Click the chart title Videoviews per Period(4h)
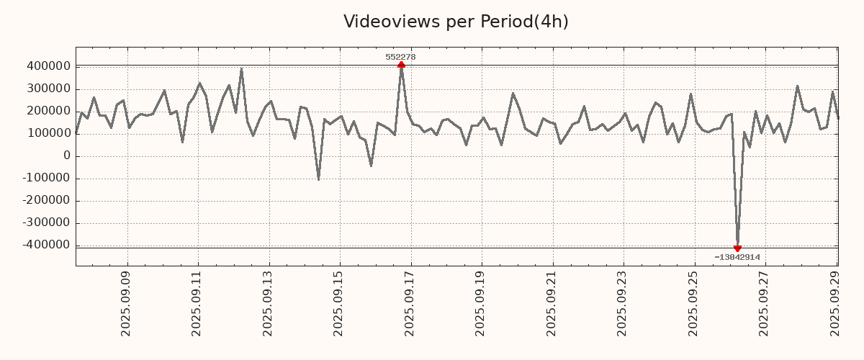[x=456, y=22]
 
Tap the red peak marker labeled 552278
[x=401, y=65]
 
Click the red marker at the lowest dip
[x=737, y=248]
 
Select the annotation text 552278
[x=400, y=57]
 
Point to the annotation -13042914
[x=737, y=257]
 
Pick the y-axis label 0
[x=66, y=156]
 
